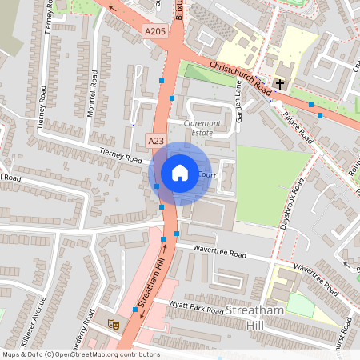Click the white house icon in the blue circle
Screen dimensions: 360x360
(x=180, y=173)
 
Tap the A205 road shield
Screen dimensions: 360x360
(x=155, y=32)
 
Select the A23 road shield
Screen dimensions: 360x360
(x=156, y=141)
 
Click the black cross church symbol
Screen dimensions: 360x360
(x=280, y=84)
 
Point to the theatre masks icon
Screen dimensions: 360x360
(x=114, y=324)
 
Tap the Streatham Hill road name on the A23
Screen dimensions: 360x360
(x=155, y=284)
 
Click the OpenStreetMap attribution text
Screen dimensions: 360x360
(x=81, y=354)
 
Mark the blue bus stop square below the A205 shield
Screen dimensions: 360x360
(x=162, y=81)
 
